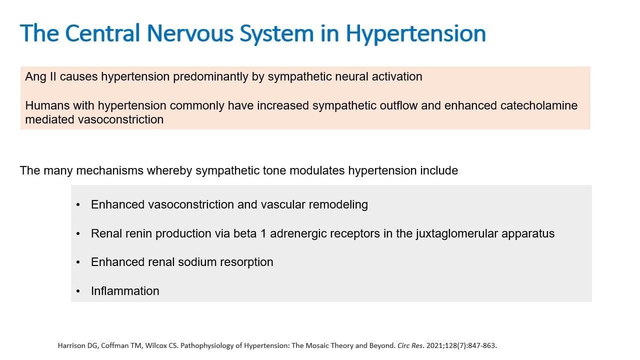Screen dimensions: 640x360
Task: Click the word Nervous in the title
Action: pos(190,33)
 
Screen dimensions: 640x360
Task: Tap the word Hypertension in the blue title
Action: pos(415,34)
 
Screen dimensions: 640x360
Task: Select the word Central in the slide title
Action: pos(102,33)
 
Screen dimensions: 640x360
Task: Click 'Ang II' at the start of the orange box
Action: pos(41,77)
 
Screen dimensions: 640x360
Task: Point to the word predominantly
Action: pos(210,77)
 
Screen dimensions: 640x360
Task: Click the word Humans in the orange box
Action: pos(47,105)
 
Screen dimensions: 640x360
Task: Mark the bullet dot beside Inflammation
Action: pos(78,291)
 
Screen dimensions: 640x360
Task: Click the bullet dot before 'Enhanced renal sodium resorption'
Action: pos(78,262)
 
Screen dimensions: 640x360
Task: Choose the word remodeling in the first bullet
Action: pos(338,205)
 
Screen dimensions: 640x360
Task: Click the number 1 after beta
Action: pos(263,233)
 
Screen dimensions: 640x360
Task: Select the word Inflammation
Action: pos(125,291)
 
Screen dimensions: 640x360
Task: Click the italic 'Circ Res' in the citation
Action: pos(410,345)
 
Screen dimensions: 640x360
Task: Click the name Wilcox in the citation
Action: pos(156,345)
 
